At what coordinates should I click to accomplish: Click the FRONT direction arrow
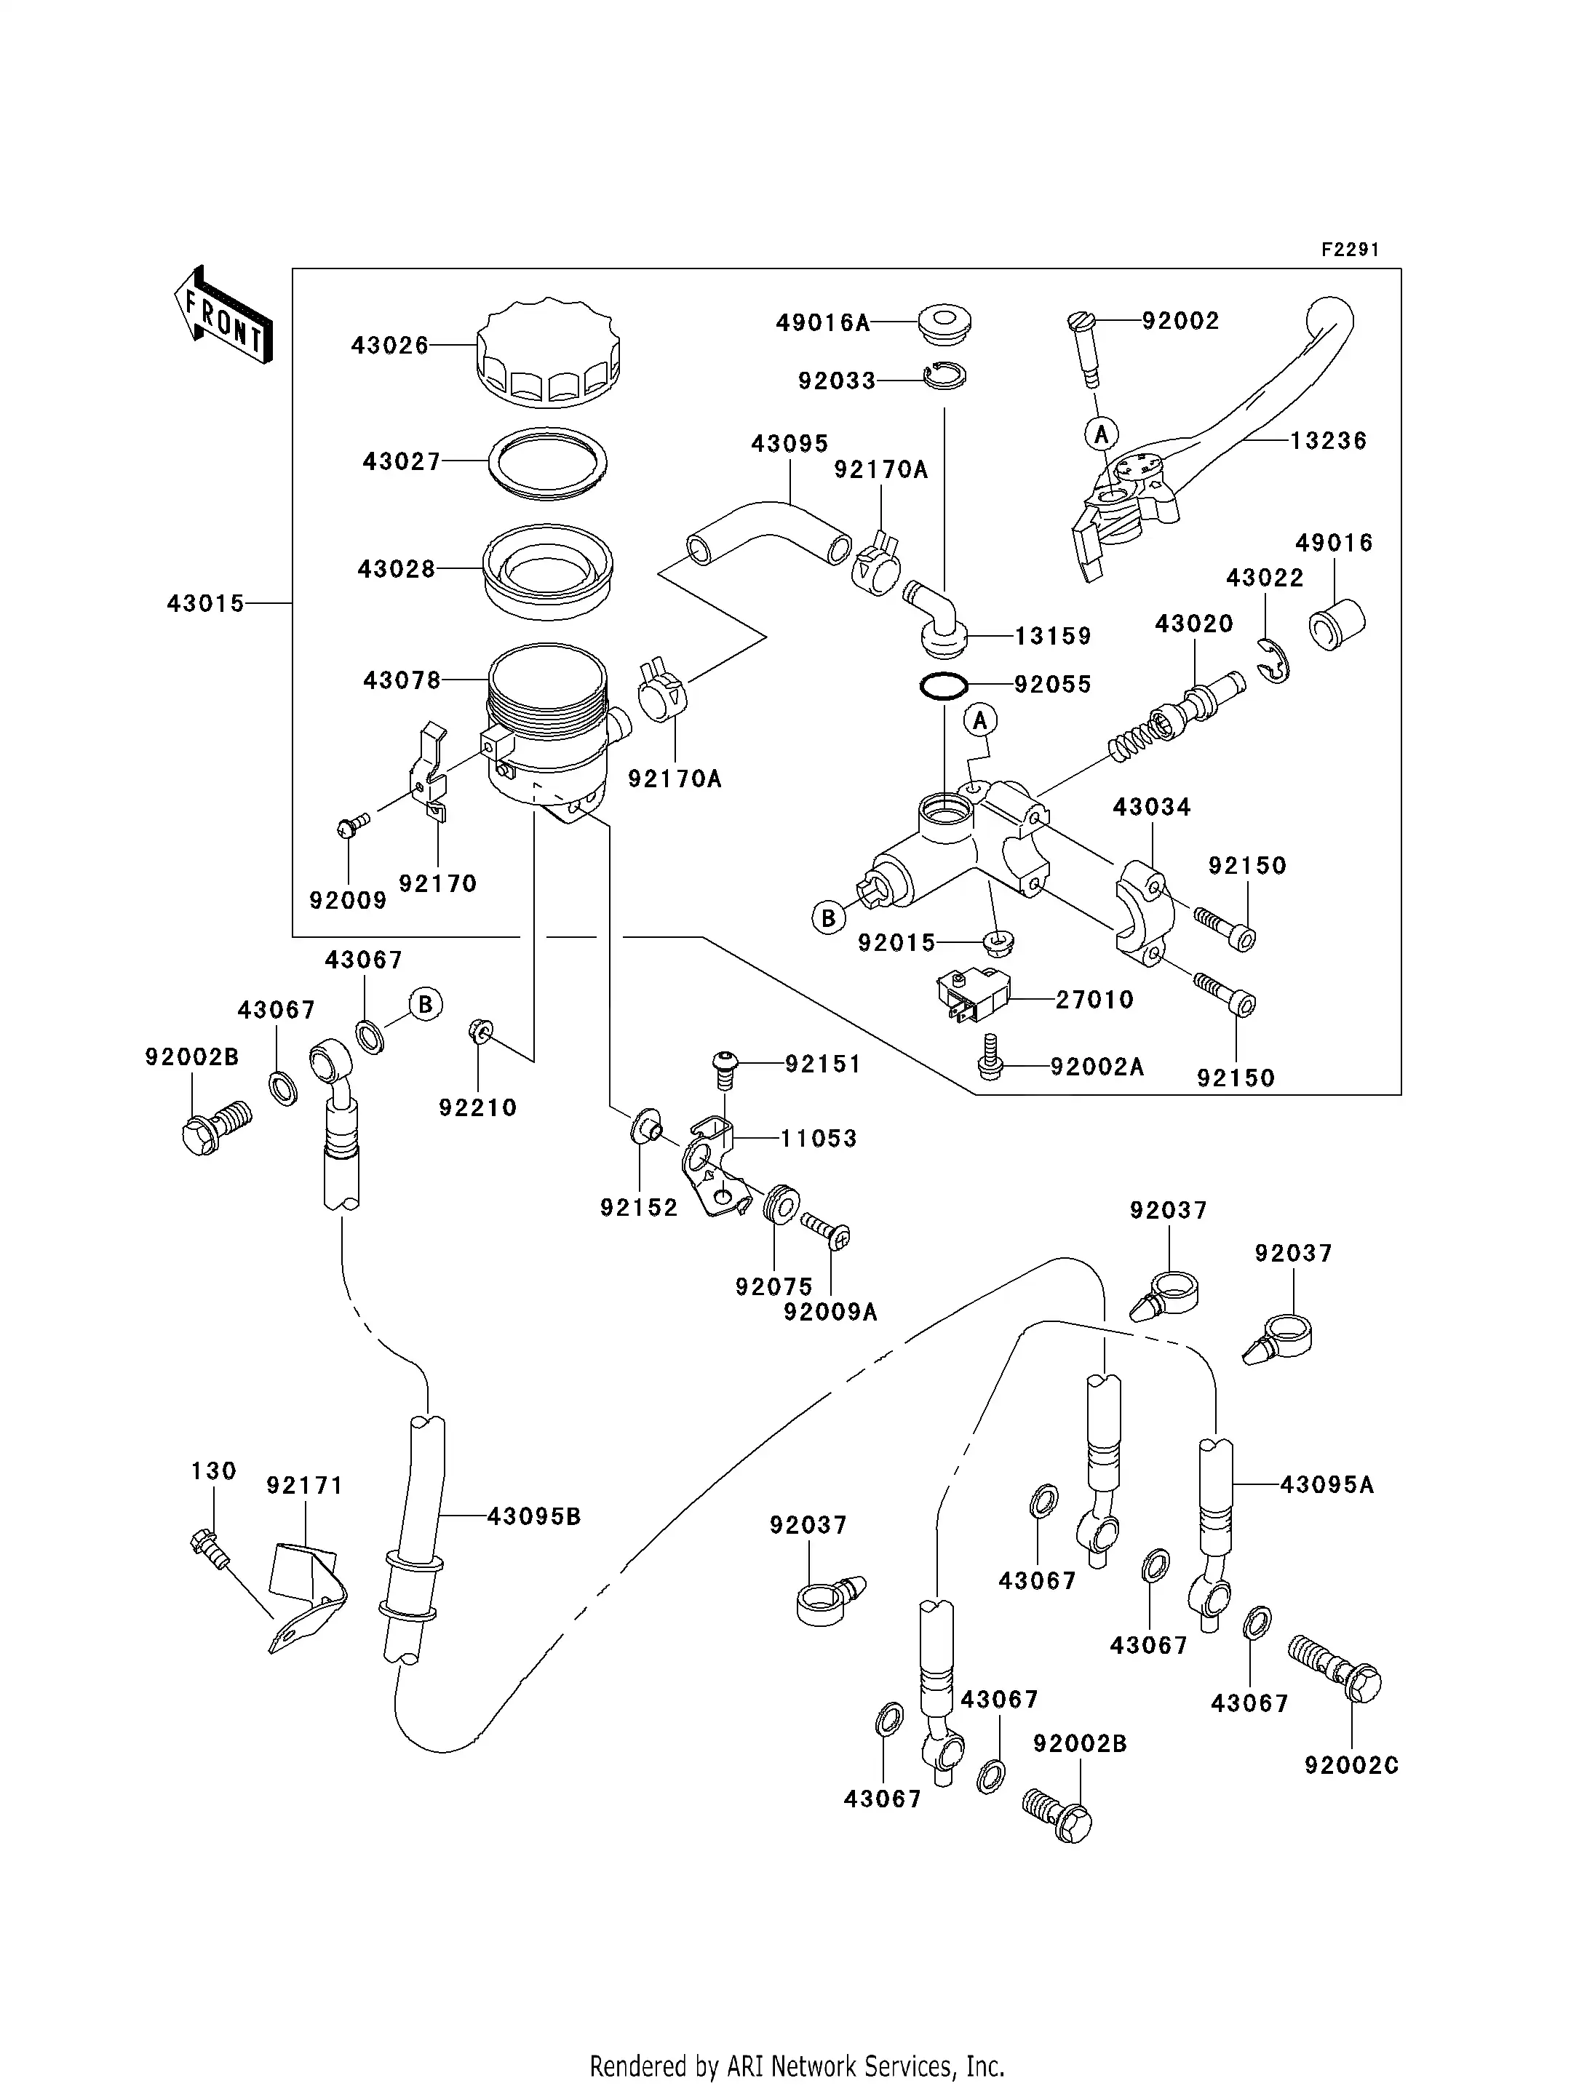224,314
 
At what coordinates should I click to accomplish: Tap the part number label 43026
390,346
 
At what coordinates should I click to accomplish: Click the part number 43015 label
206,604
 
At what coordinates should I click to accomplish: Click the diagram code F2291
1350,250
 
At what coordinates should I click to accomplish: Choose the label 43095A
1326,1484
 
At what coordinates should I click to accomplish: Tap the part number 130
214,1470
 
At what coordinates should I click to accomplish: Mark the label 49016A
823,323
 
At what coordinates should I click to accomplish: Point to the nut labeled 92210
479,1030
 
